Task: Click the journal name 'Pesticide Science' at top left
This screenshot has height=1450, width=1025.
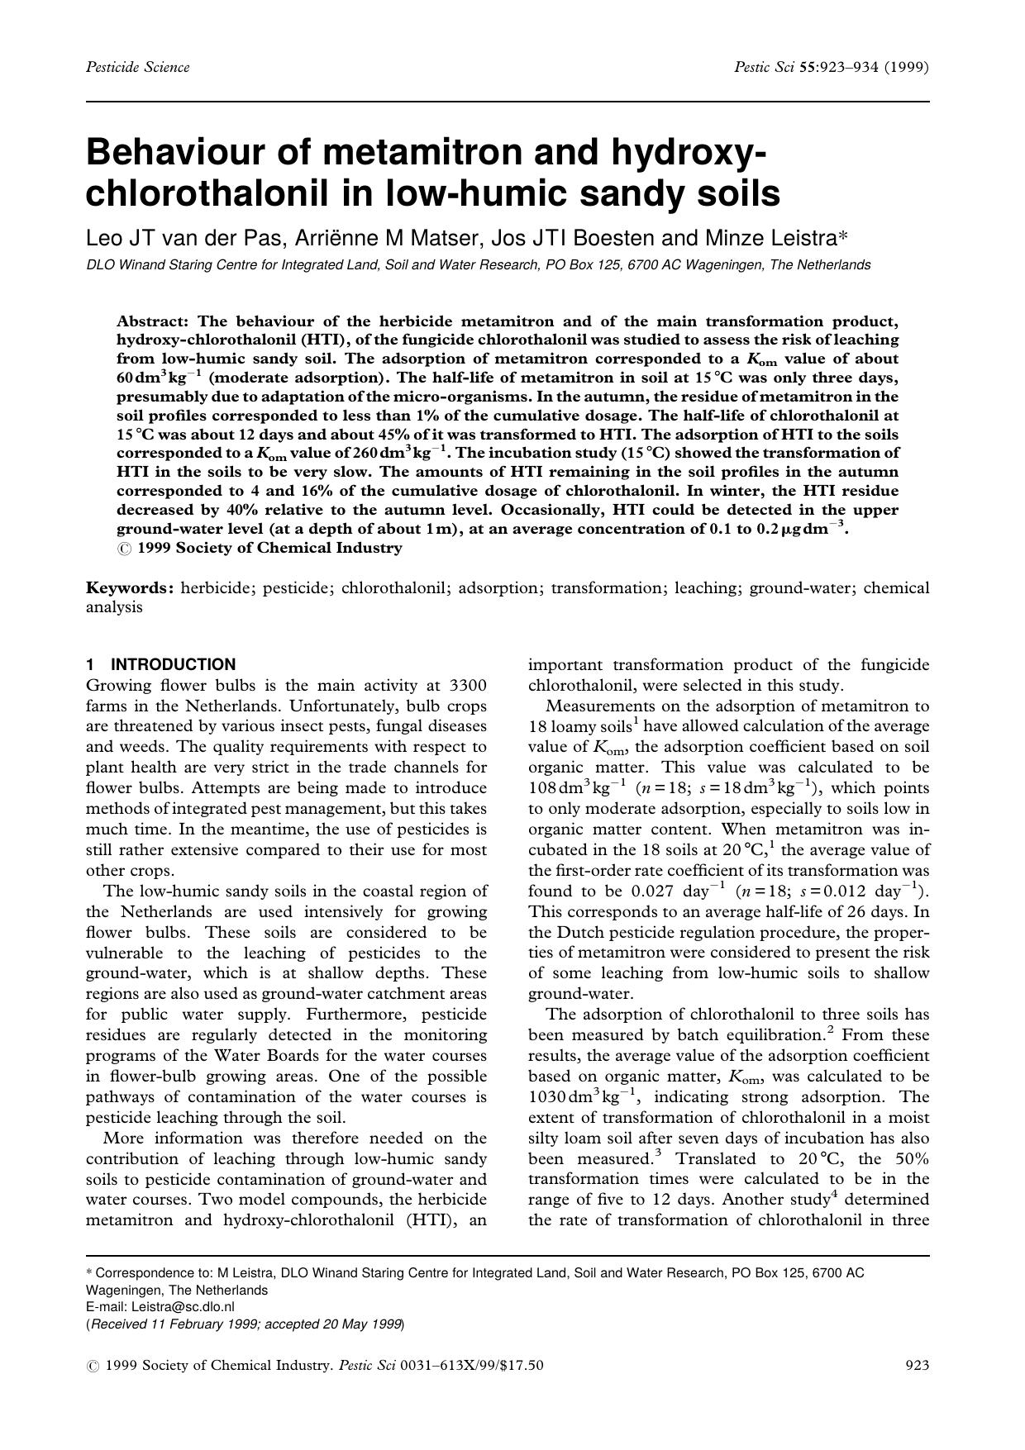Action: [137, 67]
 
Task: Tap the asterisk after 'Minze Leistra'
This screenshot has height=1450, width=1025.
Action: [844, 236]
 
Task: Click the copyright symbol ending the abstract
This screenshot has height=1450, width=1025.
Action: [123, 548]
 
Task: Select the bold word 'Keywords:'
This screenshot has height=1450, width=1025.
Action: [131, 588]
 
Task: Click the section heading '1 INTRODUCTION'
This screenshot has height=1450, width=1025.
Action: [161, 664]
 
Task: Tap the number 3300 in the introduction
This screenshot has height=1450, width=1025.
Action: [467, 685]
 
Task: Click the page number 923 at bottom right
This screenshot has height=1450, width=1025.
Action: [918, 1366]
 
